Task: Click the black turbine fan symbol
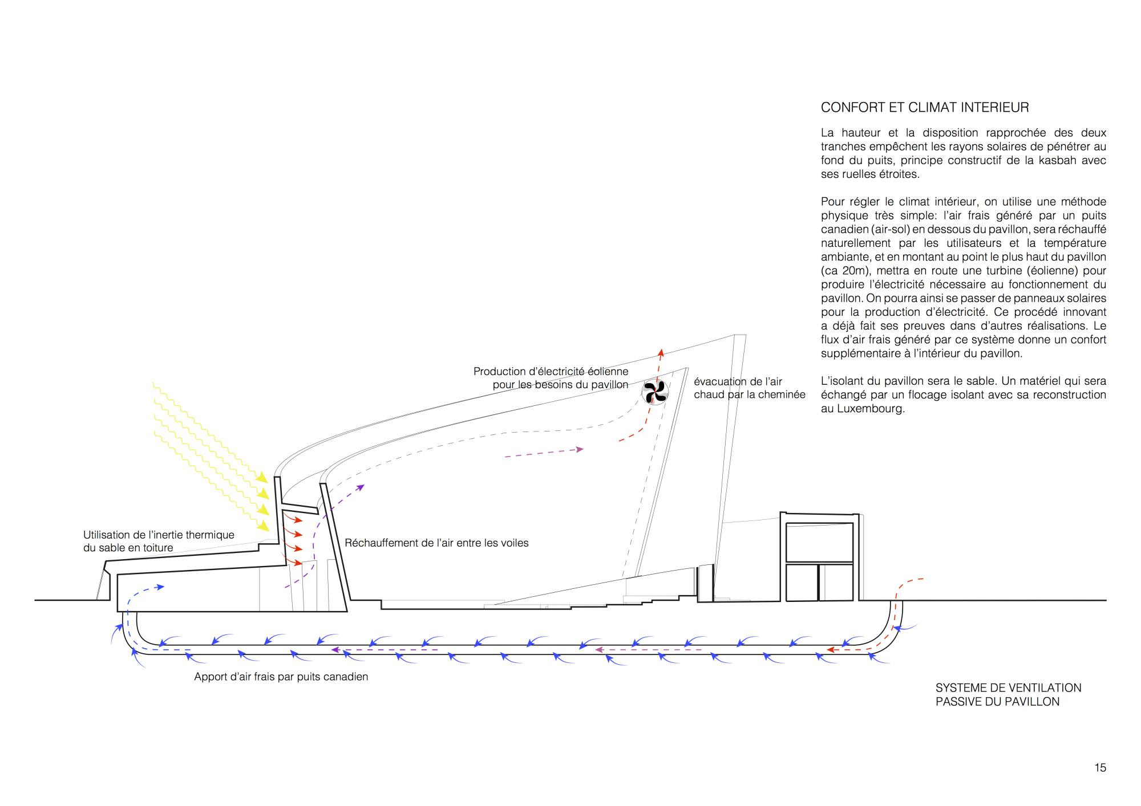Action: coord(654,392)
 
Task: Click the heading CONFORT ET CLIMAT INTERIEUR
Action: coord(924,107)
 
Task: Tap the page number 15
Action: coord(1100,767)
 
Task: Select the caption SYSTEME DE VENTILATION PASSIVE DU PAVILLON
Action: coord(1008,695)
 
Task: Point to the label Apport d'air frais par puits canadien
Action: coord(281,677)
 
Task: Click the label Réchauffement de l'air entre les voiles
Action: coord(436,543)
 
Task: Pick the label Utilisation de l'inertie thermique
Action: coord(159,535)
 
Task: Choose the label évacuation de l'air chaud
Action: coord(749,388)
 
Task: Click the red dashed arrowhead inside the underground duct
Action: coord(831,649)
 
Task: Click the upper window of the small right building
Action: coord(819,542)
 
